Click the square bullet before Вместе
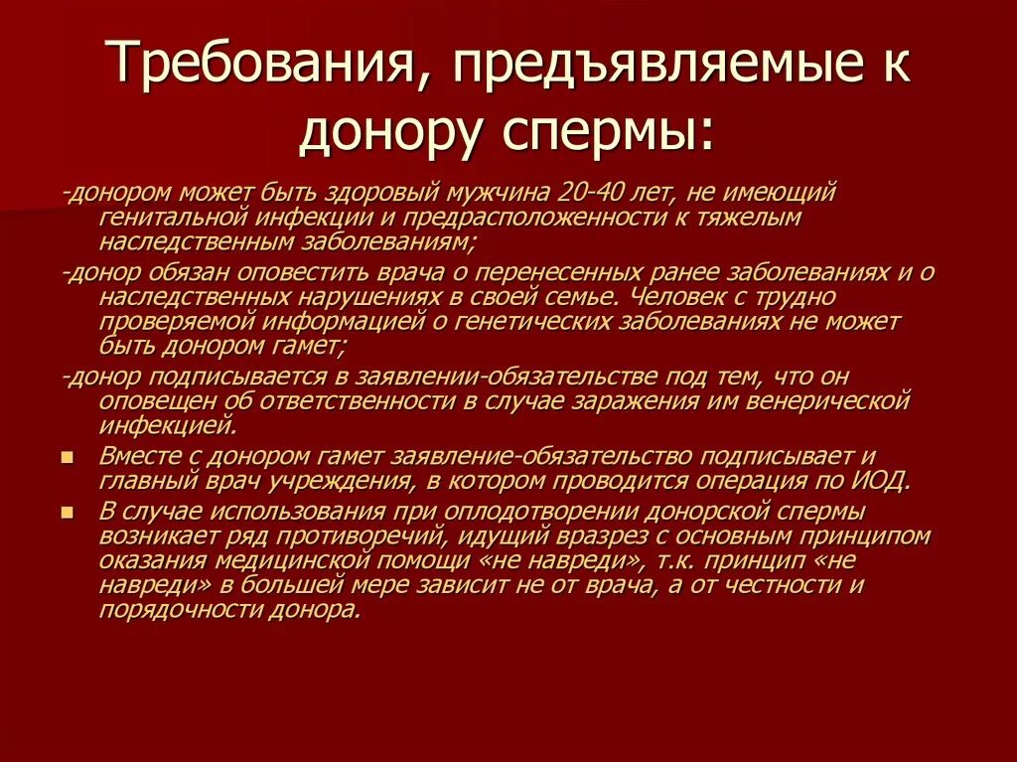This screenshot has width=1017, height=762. tap(67, 458)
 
